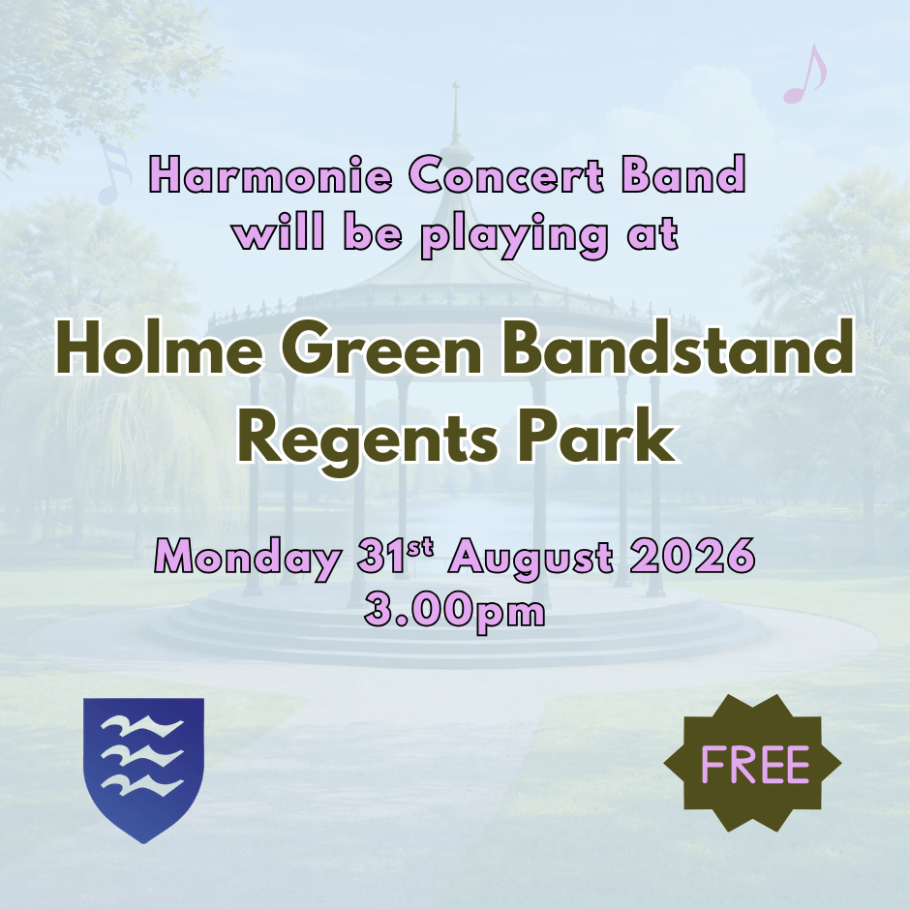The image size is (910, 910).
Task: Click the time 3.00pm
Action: pyautogui.click(x=454, y=611)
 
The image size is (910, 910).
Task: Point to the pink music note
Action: pyautogui.click(x=804, y=76)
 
